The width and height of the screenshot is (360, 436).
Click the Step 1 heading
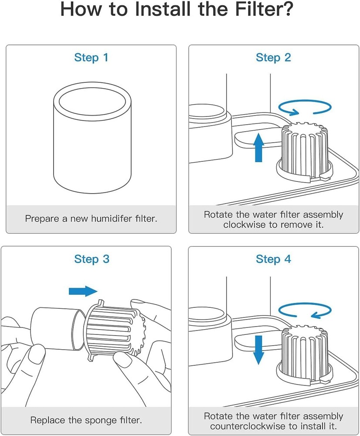tap(91, 58)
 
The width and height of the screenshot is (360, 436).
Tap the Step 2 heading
tap(273, 58)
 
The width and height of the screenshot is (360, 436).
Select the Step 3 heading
tap(92, 259)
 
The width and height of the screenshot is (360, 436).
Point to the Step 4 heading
tap(273, 259)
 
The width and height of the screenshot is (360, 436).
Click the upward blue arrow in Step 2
tap(259, 147)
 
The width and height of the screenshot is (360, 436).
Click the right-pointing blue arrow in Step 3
tap(83, 291)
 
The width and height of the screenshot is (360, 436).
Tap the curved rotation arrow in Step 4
tap(305, 310)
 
